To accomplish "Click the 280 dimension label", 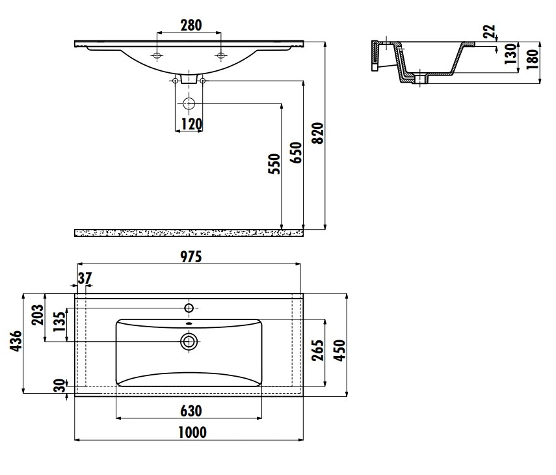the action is pos(191,25).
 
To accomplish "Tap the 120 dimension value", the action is pos(191,124).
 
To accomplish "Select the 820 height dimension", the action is pos(318,133).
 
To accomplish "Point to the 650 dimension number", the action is pos(296,152).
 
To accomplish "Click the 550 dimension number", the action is pos(274,164).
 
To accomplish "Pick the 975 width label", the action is pos(191,256).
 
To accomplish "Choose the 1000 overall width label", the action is pos(192,433).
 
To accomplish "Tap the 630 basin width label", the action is pos(191,411).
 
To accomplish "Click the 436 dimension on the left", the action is pos(16,341).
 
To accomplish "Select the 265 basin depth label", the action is pos(317,350).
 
